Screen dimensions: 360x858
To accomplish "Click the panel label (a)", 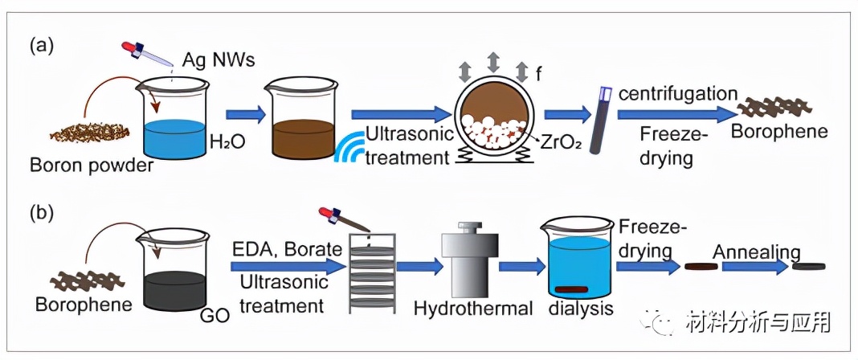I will coord(41,45).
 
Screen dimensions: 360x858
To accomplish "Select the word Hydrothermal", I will coord(474,309).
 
